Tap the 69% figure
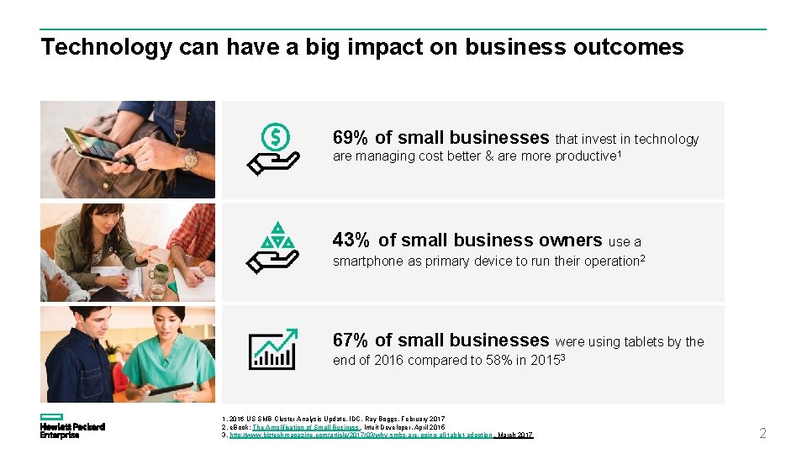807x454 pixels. click(x=350, y=138)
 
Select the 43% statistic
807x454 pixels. click(x=351, y=240)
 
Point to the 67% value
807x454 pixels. click(x=350, y=340)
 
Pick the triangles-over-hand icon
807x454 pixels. click(x=274, y=248)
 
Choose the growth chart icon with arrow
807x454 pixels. click(x=272, y=349)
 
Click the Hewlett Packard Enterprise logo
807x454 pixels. click(x=71, y=426)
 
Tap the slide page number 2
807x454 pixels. click(x=762, y=434)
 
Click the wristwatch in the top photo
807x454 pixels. click(x=191, y=158)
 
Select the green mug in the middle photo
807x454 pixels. click(x=158, y=276)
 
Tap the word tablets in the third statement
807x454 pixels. click(x=641, y=341)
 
